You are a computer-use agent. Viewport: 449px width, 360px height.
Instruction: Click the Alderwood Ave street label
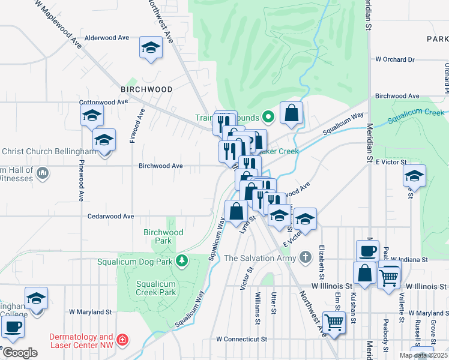point(107,37)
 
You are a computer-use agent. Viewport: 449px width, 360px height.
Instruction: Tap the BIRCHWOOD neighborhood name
point(146,89)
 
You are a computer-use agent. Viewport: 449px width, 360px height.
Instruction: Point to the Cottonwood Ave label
point(104,102)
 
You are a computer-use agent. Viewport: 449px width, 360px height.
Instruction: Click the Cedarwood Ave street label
point(111,216)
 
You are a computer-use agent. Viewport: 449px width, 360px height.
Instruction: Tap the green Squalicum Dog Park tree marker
point(181,260)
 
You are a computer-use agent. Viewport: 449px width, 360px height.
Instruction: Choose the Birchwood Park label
point(163,236)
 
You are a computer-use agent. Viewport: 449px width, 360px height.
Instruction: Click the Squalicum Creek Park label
point(155,288)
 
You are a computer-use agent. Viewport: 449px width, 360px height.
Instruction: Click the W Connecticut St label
point(241,339)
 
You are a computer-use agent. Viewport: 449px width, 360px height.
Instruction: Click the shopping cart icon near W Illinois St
point(389,277)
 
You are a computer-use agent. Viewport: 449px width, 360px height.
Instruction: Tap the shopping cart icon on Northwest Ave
point(334,322)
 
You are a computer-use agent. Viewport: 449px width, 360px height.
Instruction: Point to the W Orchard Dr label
point(394,60)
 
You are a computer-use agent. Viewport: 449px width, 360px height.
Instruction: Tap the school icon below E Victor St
point(414,176)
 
